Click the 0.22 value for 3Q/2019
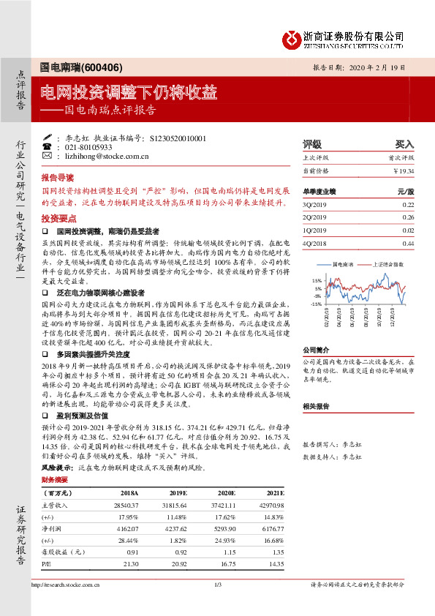point(408,204)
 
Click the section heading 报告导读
point(58,178)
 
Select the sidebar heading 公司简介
point(317,350)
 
